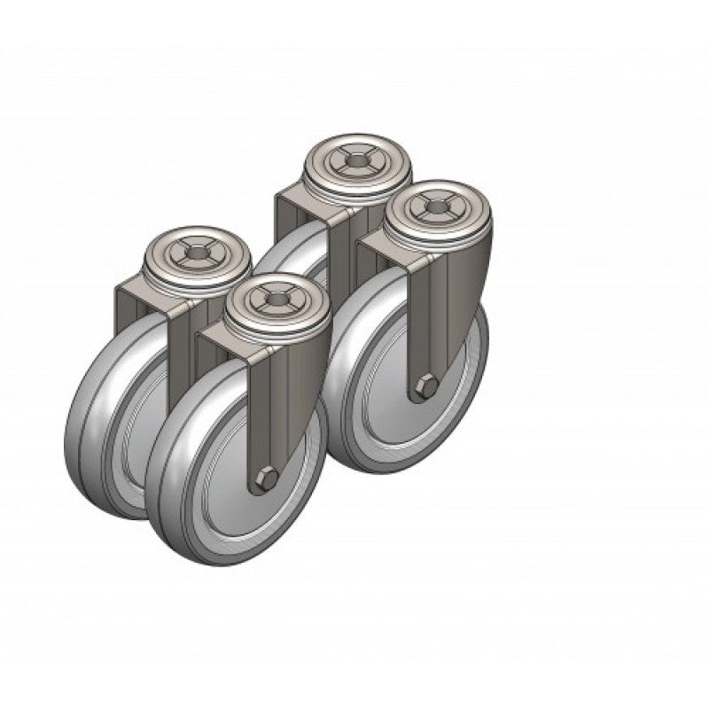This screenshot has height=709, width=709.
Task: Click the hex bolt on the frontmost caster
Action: coord(265,479)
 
